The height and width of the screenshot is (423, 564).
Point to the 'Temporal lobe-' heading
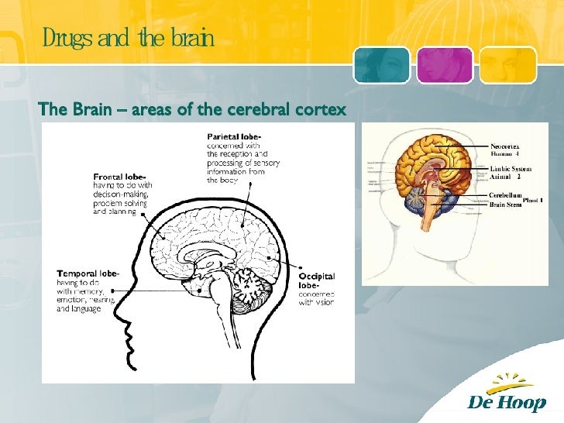pyautogui.click(x=88, y=273)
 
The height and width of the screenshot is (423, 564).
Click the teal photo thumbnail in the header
pyautogui.click(x=381, y=64)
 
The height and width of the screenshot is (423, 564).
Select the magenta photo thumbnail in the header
pyautogui.click(x=444, y=64)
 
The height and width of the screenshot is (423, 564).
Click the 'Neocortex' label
pyautogui.click(x=504, y=145)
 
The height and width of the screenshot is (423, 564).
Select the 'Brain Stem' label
pyautogui.click(x=506, y=205)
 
